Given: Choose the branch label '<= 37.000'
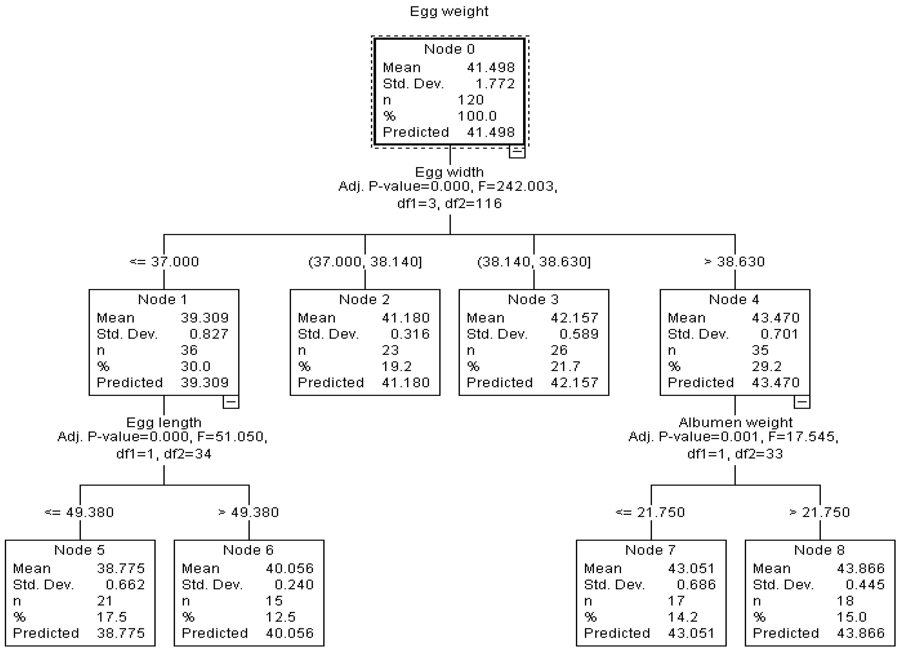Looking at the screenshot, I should [164, 262].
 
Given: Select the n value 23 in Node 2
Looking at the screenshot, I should [390, 350].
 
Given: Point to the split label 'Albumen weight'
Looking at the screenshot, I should [735, 423].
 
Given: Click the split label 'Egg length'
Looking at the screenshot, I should [164, 423].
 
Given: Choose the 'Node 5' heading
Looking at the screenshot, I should [80, 550].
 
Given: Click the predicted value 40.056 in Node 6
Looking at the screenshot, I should [290, 633].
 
